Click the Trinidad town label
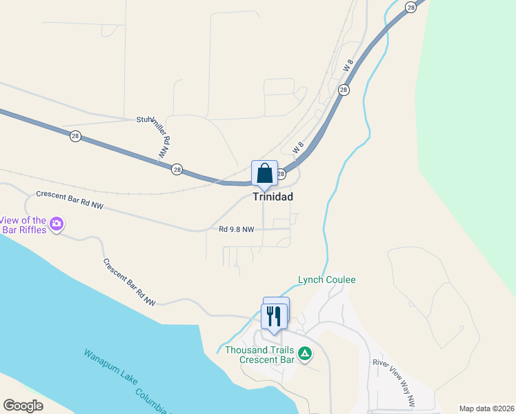coord(272,197)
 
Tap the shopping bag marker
coord(264,174)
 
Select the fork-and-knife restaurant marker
coord(274,317)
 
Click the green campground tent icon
coord(304,355)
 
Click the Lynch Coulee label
coord(326,279)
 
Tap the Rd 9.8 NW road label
coord(237,229)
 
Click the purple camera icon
coord(57,224)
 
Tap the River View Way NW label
coord(394,379)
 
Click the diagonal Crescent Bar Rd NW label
coord(129,282)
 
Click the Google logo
coord(23,406)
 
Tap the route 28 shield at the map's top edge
coord(411,6)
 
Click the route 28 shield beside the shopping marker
coord(281,175)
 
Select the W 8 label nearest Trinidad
coord(298,148)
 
